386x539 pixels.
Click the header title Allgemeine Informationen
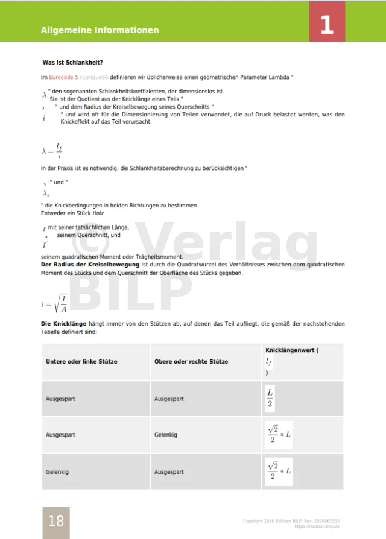pos(100,30)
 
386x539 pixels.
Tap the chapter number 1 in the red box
pos(327,25)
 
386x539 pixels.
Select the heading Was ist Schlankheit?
pos(72,63)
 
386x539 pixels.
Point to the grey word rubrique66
pos(93,77)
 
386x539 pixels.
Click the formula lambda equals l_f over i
pos(52,150)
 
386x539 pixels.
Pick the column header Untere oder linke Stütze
pos(81,362)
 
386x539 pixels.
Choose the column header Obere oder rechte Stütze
pos(191,362)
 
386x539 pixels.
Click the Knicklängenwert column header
pos(292,350)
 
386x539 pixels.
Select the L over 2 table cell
pos(270,399)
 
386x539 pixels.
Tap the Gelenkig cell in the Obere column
pos(166,435)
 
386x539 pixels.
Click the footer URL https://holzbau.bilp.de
pos(317,526)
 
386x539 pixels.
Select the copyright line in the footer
pos(291,520)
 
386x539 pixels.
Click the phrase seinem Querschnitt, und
pos(89,235)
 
